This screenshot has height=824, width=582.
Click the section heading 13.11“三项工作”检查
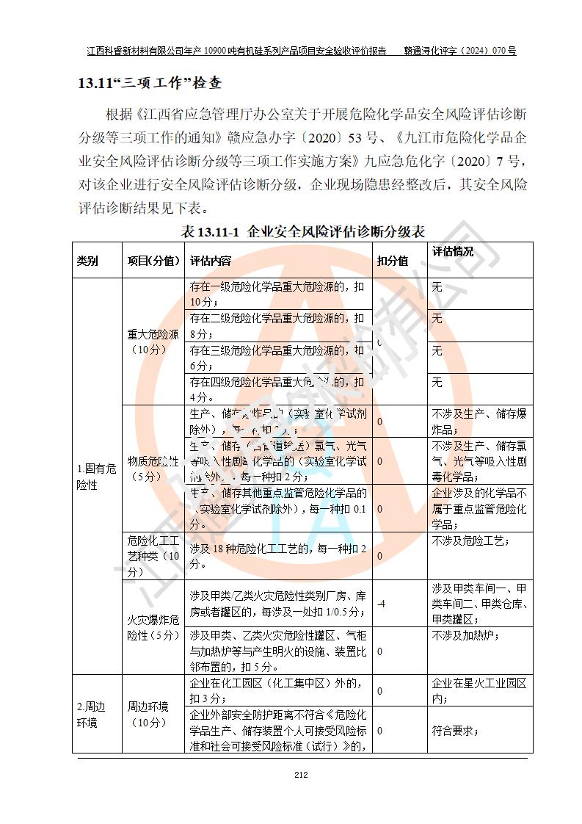[150, 83]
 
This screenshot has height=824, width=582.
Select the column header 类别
[87, 261]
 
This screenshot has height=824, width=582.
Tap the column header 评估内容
[211, 261]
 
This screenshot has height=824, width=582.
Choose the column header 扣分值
[393, 261]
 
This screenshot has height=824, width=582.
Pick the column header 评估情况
[453, 252]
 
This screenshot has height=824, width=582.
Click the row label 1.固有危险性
[96, 477]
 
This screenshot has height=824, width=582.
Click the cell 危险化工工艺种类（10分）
[153, 556]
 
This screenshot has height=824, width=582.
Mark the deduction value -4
[382, 604]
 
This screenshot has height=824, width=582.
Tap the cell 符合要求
[455, 731]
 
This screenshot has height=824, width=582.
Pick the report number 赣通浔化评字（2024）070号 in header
[460, 51]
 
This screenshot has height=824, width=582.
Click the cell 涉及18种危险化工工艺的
[277, 556]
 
